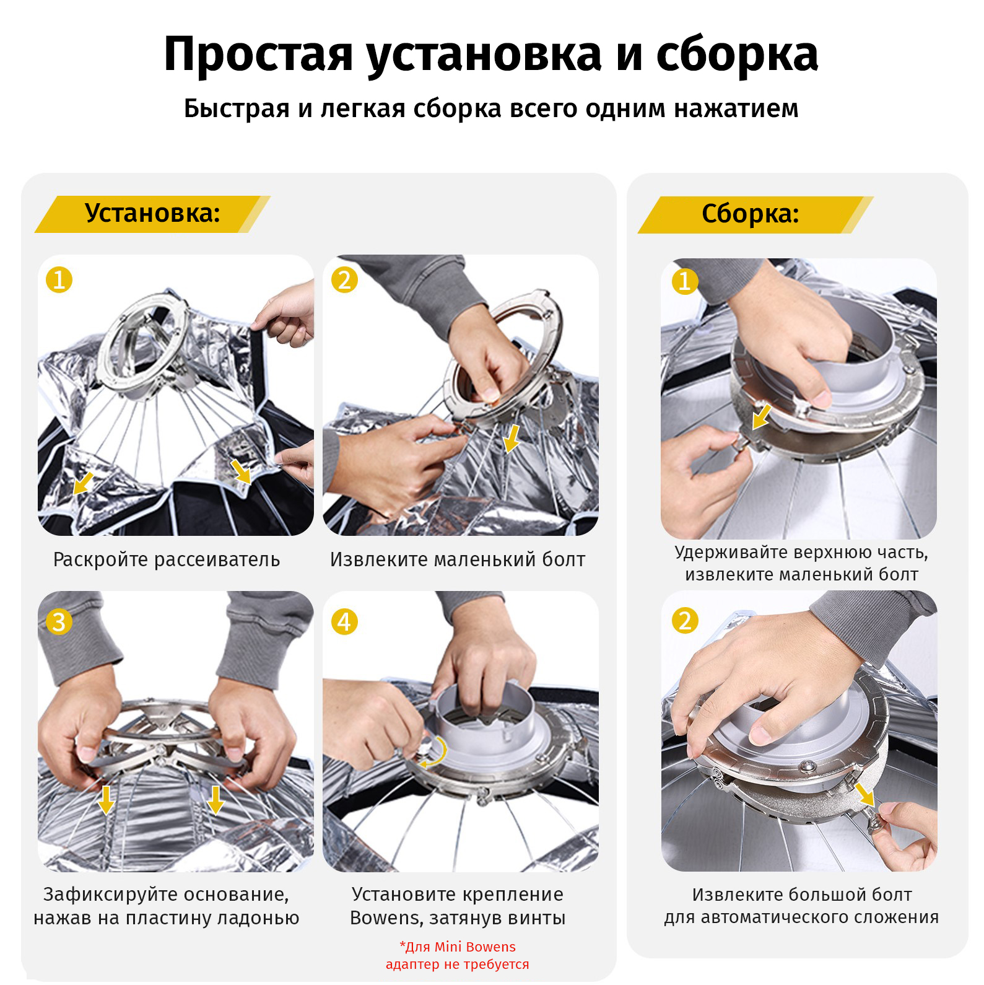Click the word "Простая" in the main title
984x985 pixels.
[258, 55]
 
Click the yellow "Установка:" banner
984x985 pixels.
[152, 214]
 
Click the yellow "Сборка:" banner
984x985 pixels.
[755, 214]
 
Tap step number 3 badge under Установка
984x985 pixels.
[59, 621]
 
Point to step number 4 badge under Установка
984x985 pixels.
[344, 621]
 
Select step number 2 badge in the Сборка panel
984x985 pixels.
[685, 621]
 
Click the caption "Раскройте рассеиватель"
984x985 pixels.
[167, 559]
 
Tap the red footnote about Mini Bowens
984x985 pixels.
[458, 955]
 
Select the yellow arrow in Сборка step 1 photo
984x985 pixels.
[762, 416]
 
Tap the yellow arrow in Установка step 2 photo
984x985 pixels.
[512, 439]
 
